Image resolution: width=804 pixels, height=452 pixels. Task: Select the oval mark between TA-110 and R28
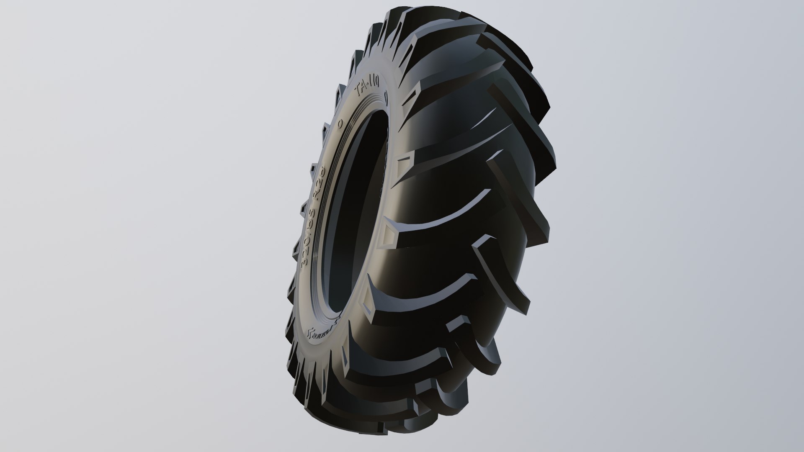(339, 123)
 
